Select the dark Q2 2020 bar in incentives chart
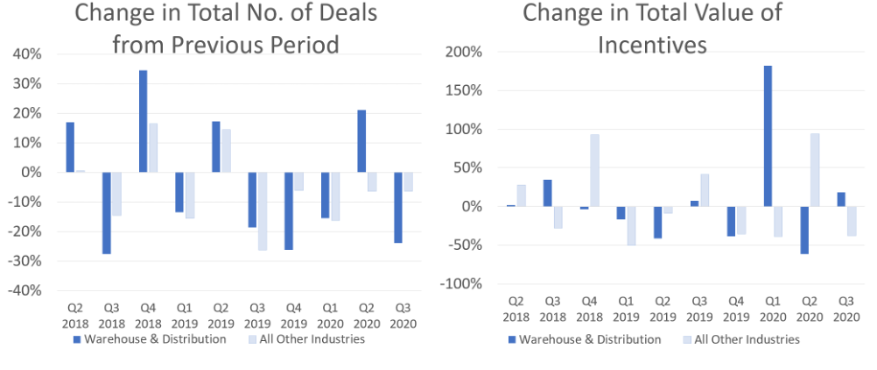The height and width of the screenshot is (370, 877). (804, 230)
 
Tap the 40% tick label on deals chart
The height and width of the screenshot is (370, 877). (27, 54)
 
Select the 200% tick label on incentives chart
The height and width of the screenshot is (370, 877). (464, 53)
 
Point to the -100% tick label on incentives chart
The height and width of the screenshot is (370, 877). (461, 284)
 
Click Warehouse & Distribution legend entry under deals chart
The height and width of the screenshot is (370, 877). (149, 339)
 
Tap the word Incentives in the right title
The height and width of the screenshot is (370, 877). (652, 44)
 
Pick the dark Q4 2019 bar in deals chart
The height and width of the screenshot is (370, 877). (289, 211)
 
